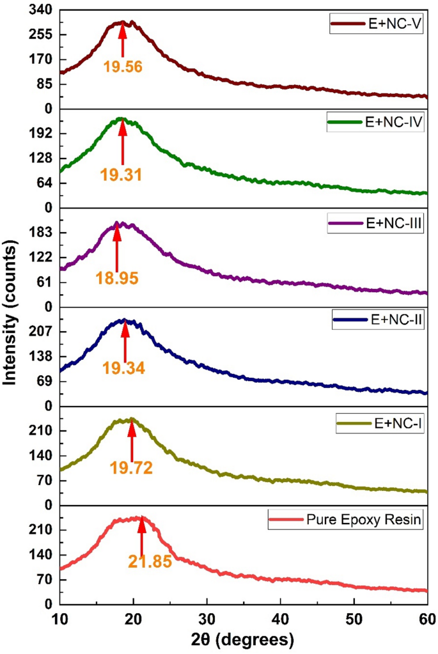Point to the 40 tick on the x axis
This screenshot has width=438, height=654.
(280, 618)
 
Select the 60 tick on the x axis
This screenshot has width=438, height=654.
(426, 618)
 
